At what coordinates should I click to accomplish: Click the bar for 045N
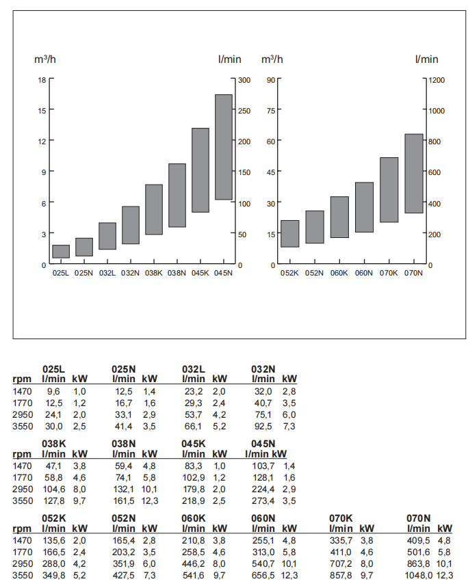click(x=224, y=147)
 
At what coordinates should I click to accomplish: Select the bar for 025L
click(x=61, y=251)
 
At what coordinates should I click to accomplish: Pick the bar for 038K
click(x=154, y=209)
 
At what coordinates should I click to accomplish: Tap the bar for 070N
click(x=414, y=173)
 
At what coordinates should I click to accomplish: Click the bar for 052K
click(x=290, y=233)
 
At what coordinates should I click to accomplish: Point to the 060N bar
click(x=365, y=207)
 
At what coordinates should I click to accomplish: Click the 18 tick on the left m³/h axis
click(x=42, y=79)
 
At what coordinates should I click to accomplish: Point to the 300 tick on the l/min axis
click(x=244, y=79)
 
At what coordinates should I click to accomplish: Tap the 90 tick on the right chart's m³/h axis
click(x=270, y=79)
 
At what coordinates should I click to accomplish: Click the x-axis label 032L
click(x=107, y=273)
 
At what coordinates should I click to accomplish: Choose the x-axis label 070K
click(x=389, y=273)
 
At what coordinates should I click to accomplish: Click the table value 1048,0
click(x=421, y=575)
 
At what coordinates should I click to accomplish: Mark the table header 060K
click(x=194, y=518)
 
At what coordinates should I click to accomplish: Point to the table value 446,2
click(x=195, y=564)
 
